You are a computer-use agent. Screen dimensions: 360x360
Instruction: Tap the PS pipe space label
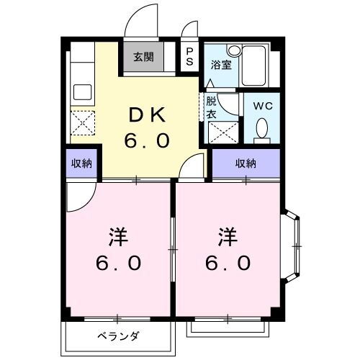pyautogui.click(x=189, y=56)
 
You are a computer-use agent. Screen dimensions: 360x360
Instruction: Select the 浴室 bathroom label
pyautogui.click(x=220, y=65)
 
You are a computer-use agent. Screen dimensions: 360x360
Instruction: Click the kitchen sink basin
pyautogui.click(x=81, y=92)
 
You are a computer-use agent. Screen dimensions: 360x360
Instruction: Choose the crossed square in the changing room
pyautogui.click(x=218, y=132)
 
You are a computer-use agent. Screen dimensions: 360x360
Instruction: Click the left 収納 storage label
pyautogui.click(x=82, y=163)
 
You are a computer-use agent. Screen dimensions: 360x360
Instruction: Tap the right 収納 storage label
pyautogui.click(x=246, y=163)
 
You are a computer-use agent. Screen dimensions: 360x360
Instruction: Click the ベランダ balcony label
pyautogui.click(x=118, y=336)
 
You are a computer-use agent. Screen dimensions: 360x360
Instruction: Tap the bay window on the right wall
pyautogui.click(x=294, y=246)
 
